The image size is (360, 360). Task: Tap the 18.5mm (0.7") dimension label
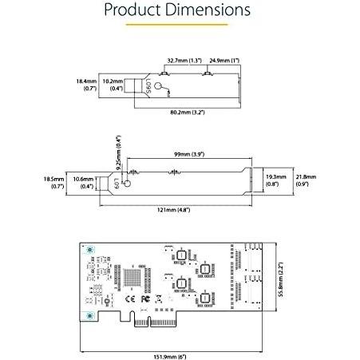(54, 182)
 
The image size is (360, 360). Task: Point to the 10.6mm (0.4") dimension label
(83, 182)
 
